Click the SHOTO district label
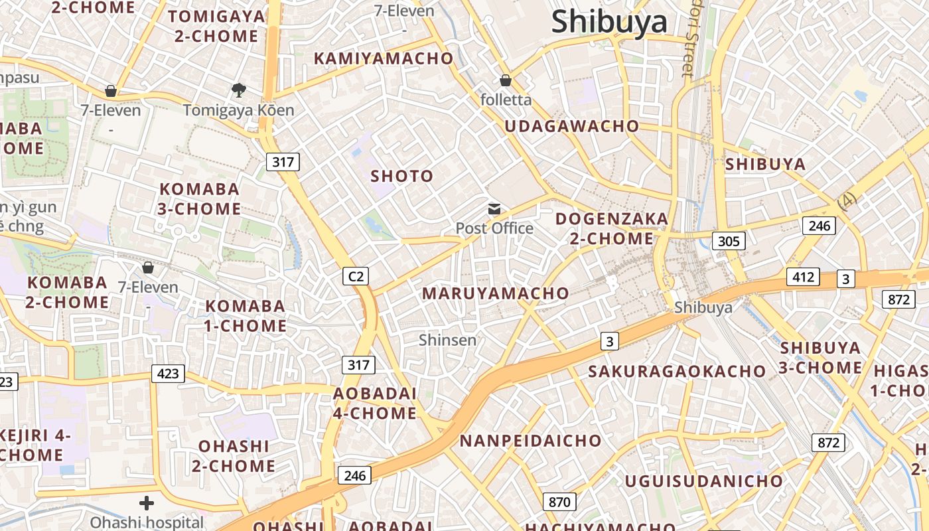pyautogui.click(x=402, y=177)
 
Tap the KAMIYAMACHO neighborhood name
pyautogui.click(x=383, y=58)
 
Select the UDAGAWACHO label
pyautogui.click(x=572, y=126)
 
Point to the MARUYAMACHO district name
pyautogui.click(x=496, y=293)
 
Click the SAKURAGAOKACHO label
pyautogui.click(x=677, y=372)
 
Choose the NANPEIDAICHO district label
pyautogui.click(x=530, y=441)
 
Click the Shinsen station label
pyautogui.click(x=448, y=341)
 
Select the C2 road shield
pyautogui.click(x=356, y=276)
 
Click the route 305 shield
pyautogui.click(x=729, y=241)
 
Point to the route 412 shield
pyautogui.click(x=803, y=277)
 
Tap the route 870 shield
pyautogui.click(x=559, y=502)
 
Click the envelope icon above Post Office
pyautogui.click(x=494, y=210)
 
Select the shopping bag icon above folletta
pyautogui.click(x=506, y=81)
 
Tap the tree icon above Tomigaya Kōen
pyautogui.click(x=238, y=90)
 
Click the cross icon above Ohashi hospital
pyautogui.click(x=147, y=503)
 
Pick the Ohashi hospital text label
pyautogui.click(x=147, y=522)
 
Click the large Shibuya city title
pyautogui.click(x=609, y=21)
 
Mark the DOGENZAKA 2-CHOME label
pyautogui.click(x=612, y=228)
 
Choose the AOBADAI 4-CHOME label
pyautogui.click(x=375, y=404)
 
